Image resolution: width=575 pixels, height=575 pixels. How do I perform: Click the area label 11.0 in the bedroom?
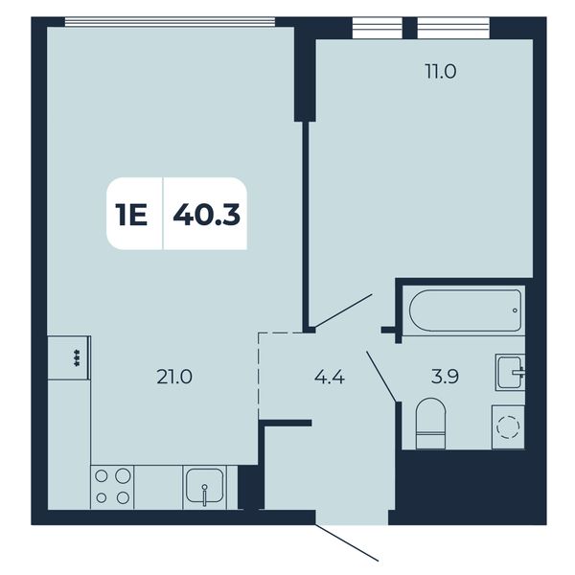coord(441,72)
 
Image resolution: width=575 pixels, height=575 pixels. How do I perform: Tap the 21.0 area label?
coord(174,377)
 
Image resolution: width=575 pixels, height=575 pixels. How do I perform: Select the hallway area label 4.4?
coord(330,377)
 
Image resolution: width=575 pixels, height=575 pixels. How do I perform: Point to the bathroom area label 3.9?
coord(445,377)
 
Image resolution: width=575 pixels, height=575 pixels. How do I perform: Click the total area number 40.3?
coord(206,215)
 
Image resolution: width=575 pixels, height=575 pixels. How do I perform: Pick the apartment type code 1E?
coord(131,215)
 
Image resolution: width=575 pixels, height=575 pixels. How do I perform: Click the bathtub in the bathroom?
coord(465,310)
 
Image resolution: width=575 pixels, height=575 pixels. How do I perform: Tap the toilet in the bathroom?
coord(431,424)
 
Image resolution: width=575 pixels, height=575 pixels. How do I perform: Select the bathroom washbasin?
coord(510,372)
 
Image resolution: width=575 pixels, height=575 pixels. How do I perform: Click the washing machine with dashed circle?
coord(508,426)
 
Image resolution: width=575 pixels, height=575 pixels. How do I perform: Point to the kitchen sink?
coord(204,487)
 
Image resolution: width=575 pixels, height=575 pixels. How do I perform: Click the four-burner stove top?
coord(112,487)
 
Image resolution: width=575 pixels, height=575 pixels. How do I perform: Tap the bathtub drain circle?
coord(516,310)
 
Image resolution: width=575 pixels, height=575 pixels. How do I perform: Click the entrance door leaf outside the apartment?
coord(347,542)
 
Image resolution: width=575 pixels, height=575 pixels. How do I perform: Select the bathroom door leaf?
coord(381,377)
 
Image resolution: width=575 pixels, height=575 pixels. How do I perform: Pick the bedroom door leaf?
coord(344,310)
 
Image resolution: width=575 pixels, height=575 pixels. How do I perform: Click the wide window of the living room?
coord(171,22)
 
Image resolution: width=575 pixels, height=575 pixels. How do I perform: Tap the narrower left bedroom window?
coord(378,28)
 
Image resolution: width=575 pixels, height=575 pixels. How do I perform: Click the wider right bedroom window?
coord(453,28)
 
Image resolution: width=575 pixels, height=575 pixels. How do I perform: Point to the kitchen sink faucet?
coord(205,495)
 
